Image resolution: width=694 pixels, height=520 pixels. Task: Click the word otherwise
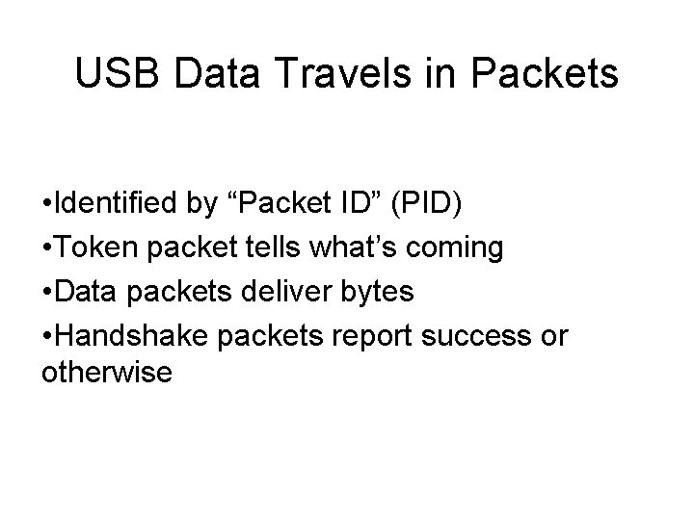107,371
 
